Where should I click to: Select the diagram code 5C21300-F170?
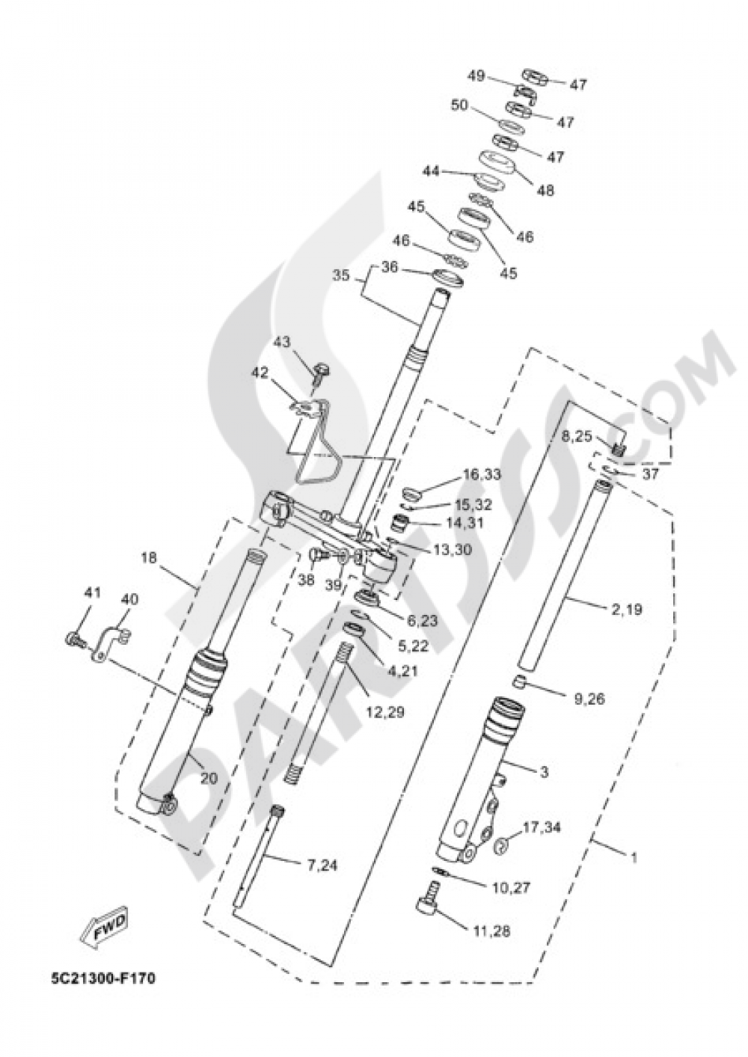[x=103, y=978]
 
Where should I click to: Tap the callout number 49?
[x=476, y=76]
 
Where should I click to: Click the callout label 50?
[x=459, y=105]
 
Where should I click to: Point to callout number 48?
[x=546, y=191]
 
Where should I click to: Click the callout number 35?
[x=341, y=275]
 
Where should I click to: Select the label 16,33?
[x=482, y=474]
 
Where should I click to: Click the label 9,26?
[x=589, y=699]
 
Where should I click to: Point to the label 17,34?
[x=542, y=827]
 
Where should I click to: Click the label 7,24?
[x=322, y=866]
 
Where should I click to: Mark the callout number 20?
[x=209, y=779]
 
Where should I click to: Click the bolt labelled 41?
[x=73, y=640]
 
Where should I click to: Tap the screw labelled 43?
[x=322, y=372]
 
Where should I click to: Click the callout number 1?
[x=634, y=858]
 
